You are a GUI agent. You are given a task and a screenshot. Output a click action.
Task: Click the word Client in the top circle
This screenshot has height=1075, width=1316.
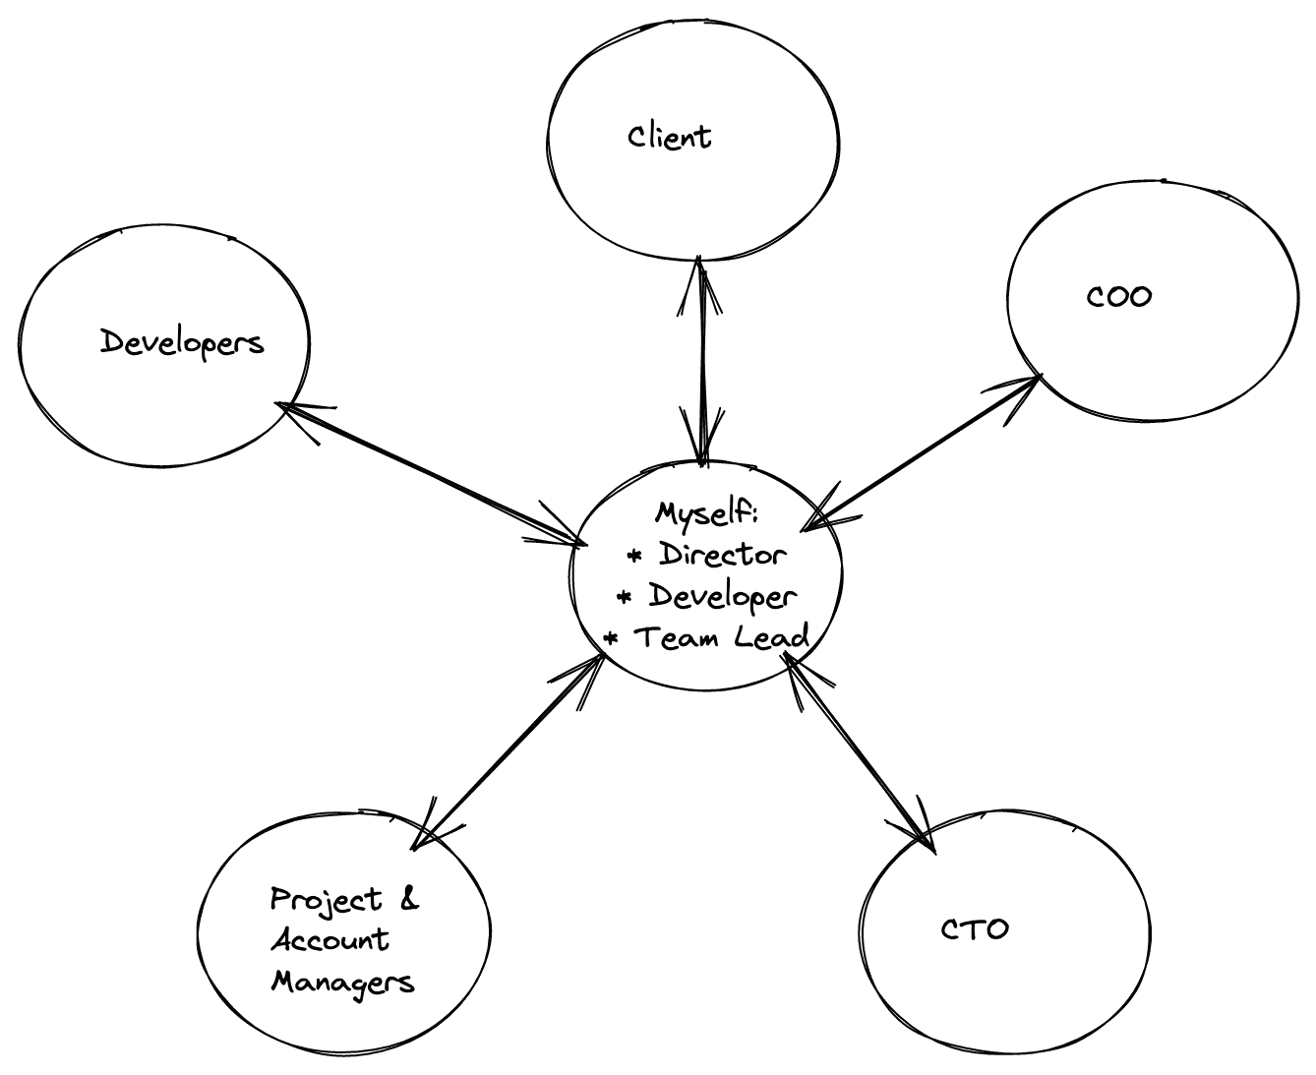click(669, 136)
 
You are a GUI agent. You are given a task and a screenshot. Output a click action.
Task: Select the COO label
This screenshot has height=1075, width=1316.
click(1118, 296)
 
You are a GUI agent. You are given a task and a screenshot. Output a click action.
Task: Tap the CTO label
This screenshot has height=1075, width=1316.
click(974, 929)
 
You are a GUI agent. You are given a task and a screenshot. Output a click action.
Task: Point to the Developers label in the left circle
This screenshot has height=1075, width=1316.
click(182, 343)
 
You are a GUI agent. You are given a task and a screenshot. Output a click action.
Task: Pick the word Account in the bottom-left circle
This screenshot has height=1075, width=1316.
click(329, 940)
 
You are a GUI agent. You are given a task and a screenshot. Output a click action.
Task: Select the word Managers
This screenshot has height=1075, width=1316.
click(342, 982)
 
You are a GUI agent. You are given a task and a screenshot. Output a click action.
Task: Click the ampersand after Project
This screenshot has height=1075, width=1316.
click(408, 899)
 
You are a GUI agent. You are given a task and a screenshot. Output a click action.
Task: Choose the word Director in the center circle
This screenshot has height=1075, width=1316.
click(723, 555)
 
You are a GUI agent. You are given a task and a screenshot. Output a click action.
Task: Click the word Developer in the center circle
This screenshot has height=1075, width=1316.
click(722, 597)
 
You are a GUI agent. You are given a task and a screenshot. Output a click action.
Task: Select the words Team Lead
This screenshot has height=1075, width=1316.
click(721, 637)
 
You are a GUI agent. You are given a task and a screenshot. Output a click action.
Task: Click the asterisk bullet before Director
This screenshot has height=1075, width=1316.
click(634, 557)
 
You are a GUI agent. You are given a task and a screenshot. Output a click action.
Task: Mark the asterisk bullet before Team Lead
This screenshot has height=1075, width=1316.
click(611, 639)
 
